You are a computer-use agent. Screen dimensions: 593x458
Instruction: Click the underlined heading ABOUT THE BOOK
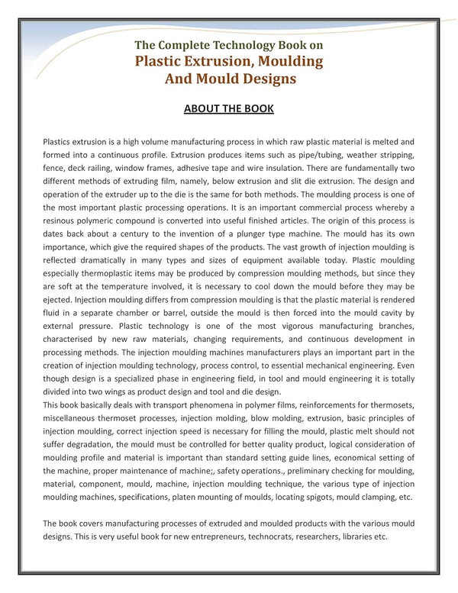pos(228,108)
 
